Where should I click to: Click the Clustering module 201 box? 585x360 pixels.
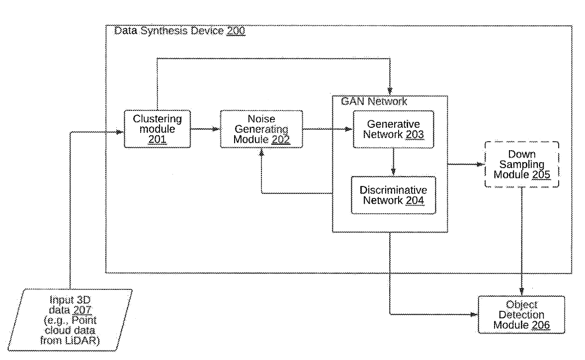(x=157, y=129)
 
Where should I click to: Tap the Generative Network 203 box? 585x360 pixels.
(x=393, y=129)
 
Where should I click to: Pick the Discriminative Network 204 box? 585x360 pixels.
(x=393, y=195)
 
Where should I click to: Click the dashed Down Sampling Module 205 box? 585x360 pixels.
(x=521, y=164)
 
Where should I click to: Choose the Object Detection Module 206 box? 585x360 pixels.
(x=521, y=315)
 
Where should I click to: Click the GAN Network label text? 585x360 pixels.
(x=374, y=101)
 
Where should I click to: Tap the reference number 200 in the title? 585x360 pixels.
(x=236, y=31)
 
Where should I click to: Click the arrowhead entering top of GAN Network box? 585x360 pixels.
(x=391, y=92)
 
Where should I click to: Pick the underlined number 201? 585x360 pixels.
(x=157, y=140)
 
